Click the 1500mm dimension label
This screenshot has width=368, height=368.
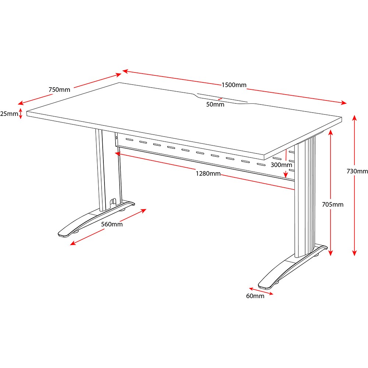click(x=234, y=85)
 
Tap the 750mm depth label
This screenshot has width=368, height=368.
click(x=59, y=90)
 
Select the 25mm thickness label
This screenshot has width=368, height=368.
click(x=9, y=114)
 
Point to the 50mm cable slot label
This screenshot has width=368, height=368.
click(x=215, y=105)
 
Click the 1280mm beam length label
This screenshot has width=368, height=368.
click(x=208, y=173)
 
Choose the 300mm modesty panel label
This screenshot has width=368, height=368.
click(x=282, y=165)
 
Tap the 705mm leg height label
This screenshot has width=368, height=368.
click(x=333, y=205)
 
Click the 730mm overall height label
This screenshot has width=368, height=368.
click(x=357, y=171)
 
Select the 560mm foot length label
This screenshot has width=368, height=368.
click(x=112, y=224)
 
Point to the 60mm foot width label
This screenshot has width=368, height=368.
click(x=255, y=296)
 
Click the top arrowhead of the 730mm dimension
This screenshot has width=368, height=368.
click(x=354, y=117)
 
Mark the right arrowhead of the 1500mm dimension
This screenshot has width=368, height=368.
click(x=344, y=103)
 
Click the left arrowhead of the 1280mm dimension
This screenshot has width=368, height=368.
click(x=117, y=154)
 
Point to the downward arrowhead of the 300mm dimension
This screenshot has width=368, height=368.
click(x=286, y=175)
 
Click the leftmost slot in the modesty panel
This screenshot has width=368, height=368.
click(x=130, y=140)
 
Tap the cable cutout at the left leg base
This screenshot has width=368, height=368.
click(x=113, y=202)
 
